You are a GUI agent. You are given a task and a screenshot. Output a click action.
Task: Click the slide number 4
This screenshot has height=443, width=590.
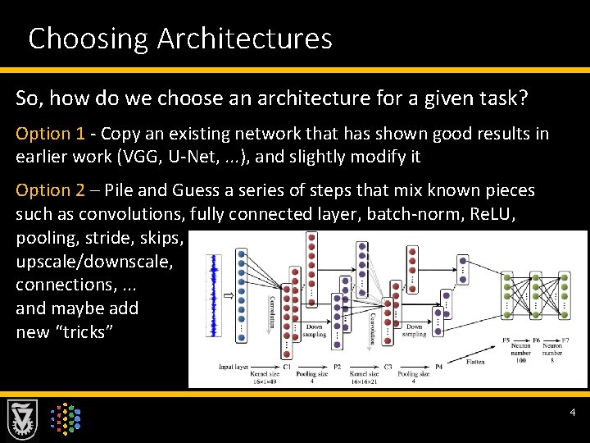[573, 412]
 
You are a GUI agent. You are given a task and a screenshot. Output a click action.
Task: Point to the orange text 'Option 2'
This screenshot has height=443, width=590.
[49, 190]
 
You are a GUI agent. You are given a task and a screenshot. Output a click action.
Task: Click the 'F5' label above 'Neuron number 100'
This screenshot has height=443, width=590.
[505, 339]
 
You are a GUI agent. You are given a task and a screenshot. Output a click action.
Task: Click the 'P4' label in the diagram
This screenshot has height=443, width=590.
[438, 366]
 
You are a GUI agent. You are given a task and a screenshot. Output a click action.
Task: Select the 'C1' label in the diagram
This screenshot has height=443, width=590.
[287, 366]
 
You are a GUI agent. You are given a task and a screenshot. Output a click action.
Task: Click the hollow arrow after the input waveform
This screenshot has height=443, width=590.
[227, 293]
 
